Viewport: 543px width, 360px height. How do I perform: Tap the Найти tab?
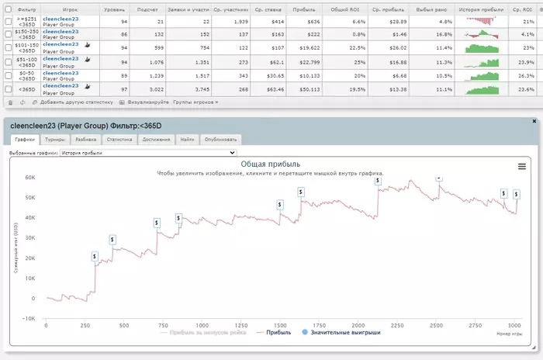pyautogui.click(x=187, y=140)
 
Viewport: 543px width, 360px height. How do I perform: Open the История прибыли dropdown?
pyautogui.click(x=147, y=153)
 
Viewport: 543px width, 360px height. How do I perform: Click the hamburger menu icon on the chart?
pyautogui.click(x=522, y=166)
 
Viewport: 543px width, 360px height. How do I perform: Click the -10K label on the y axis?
pyautogui.click(x=29, y=318)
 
